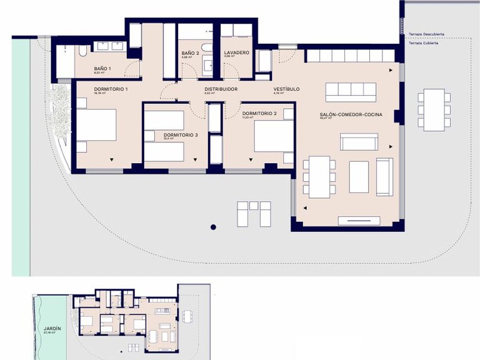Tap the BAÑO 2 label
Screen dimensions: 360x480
[x=190, y=53]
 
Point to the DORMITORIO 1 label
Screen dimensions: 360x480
[x=111, y=89]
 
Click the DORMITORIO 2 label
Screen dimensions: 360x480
[x=259, y=113]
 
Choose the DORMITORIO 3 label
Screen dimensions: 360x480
[x=181, y=135]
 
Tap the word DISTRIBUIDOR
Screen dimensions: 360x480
[x=221, y=89]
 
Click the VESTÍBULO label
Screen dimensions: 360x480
[x=286, y=89]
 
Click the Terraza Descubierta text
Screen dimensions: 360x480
[x=427, y=34]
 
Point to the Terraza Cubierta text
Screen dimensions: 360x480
[x=423, y=43]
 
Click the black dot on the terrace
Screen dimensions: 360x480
[x=213, y=227]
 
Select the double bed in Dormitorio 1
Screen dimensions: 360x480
[x=97, y=126]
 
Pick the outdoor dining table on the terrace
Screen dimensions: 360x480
[x=434, y=109]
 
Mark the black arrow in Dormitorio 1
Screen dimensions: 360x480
[x=112, y=159]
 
